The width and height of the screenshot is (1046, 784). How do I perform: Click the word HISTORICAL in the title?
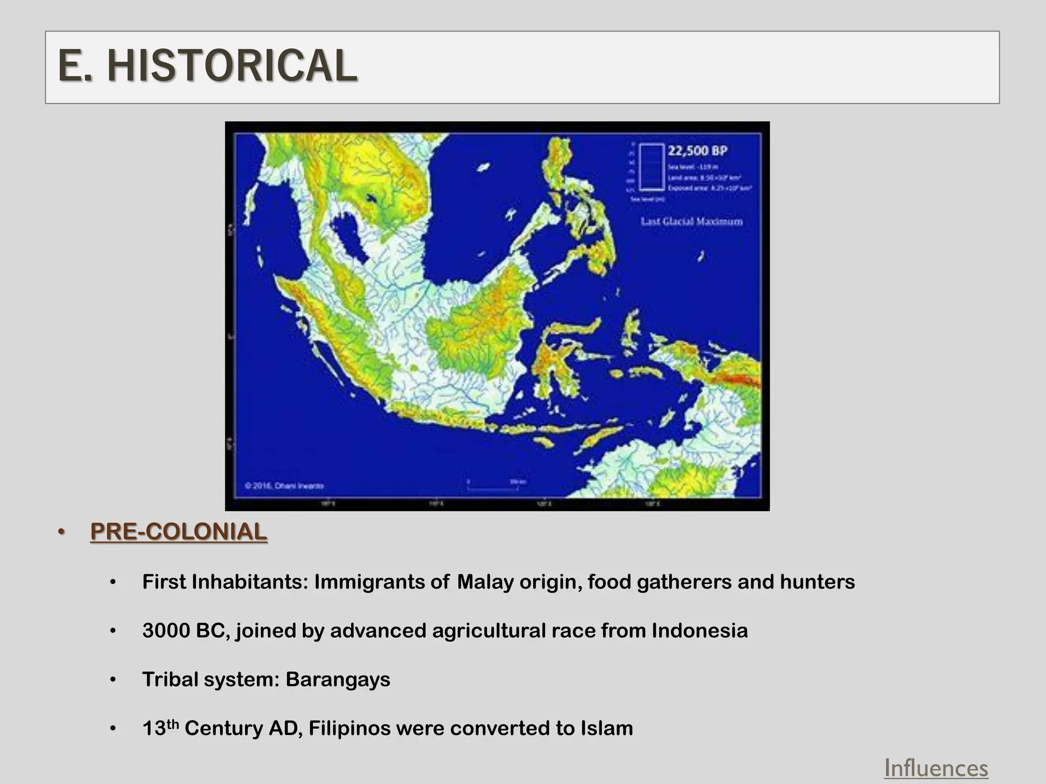[232, 66]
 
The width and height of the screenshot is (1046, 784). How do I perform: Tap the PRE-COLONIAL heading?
[178, 532]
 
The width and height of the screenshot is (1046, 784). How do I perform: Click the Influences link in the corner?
[936, 768]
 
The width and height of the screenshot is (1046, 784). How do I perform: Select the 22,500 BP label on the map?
[697, 151]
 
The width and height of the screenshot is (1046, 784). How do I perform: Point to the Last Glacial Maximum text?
[692, 222]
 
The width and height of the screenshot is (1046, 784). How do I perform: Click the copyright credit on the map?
[284, 485]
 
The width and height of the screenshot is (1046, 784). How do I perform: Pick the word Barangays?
[338, 679]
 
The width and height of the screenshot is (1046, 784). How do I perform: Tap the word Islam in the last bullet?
[607, 728]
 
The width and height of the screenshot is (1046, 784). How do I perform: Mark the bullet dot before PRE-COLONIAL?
[62, 532]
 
